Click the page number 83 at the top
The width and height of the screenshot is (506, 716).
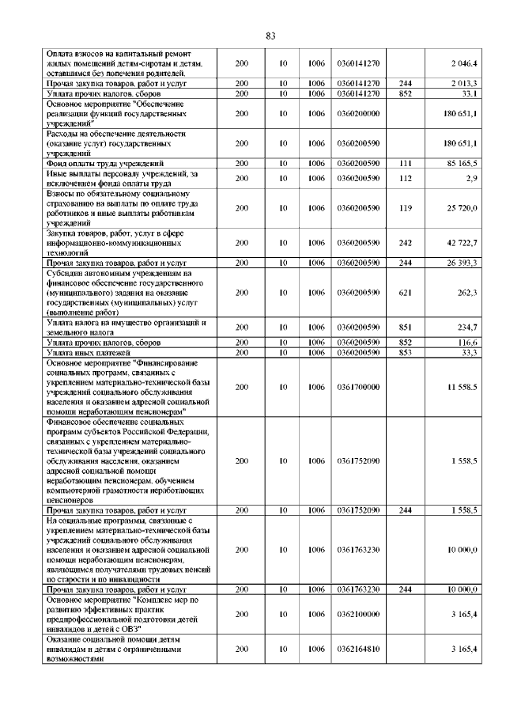point(270,36)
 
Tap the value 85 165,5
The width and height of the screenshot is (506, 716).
point(461,163)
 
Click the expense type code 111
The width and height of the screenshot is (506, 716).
point(406,163)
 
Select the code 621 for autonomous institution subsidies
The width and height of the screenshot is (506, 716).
point(406,292)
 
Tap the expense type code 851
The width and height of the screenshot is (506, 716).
point(406,327)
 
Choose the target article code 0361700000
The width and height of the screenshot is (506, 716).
point(358,387)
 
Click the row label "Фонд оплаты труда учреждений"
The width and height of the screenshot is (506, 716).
point(105,163)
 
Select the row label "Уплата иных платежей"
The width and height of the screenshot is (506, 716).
point(89,352)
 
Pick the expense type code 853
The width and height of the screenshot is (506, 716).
point(406,352)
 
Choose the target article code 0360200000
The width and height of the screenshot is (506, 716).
point(358,113)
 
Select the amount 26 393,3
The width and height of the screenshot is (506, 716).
point(461,262)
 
